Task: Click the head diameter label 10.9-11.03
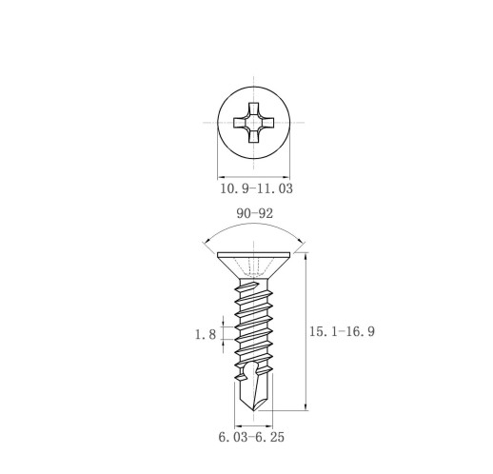click(x=256, y=188)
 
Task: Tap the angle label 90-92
click(x=254, y=213)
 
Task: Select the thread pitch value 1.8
click(x=206, y=334)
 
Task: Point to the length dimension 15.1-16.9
click(x=342, y=331)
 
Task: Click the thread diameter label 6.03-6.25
click(x=251, y=437)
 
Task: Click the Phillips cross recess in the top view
click(x=254, y=123)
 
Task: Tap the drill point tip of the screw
click(x=254, y=410)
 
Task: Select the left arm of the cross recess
click(x=240, y=123)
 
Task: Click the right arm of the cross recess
click(x=267, y=123)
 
